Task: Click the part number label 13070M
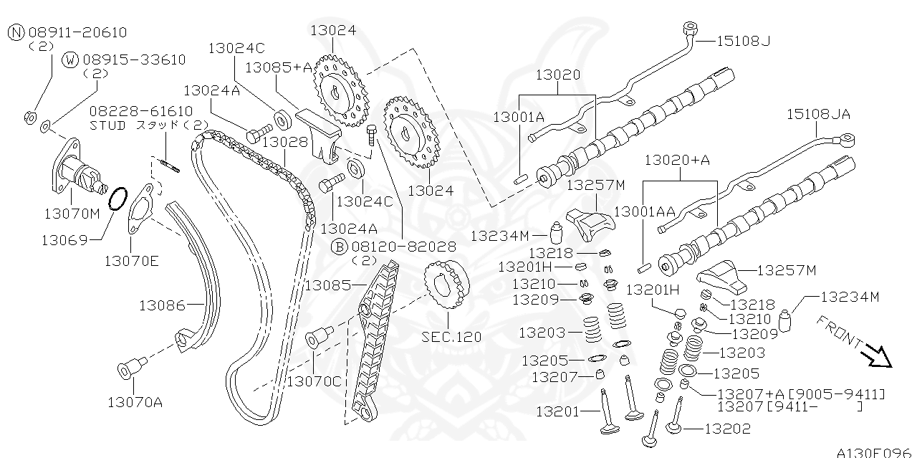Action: coord(72,214)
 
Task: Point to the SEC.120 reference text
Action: coord(451,336)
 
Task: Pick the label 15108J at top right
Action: coord(743,41)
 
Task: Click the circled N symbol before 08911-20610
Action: coord(15,32)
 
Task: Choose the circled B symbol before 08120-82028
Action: coord(340,247)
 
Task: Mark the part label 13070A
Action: coord(135,402)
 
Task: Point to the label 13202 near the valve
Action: coord(728,429)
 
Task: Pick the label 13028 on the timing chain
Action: coord(284,143)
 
